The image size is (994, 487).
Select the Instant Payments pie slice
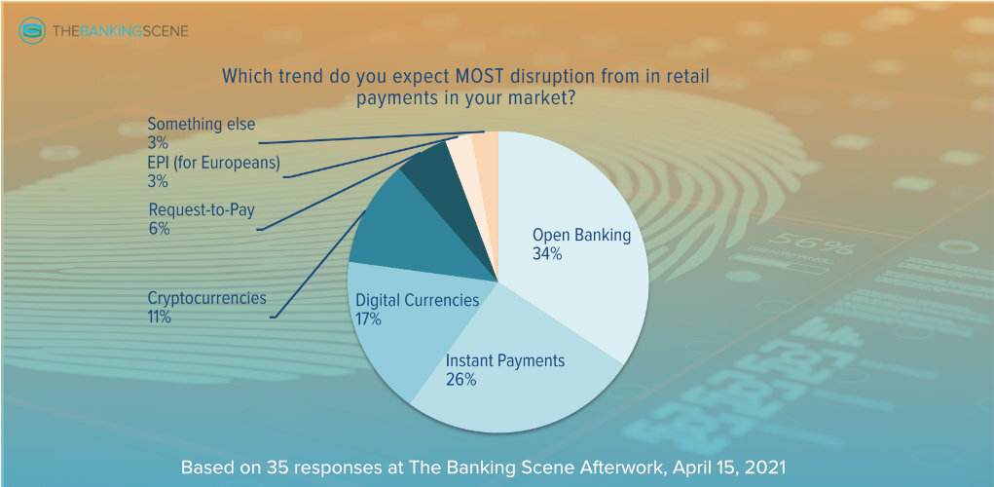click(x=507, y=374)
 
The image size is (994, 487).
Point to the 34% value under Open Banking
click(x=547, y=254)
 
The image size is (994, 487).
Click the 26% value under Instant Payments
click(x=460, y=380)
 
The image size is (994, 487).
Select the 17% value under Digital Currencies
click(x=368, y=318)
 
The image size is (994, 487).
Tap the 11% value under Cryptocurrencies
click(x=159, y=318)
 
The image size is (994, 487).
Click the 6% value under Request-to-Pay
click(x=159, y=229)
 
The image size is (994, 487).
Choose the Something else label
click(x=201, y=124)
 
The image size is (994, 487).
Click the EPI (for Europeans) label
click(x=213, y=163)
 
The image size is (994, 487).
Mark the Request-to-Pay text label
click(x=201, y=209)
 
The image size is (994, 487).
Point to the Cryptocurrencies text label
click(x=206, y=298)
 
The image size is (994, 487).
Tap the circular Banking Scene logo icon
click(x=32, y=30)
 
